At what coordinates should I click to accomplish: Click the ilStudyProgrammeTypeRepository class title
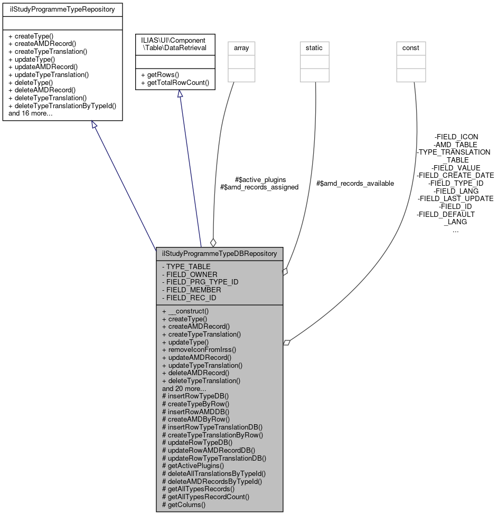(x=62, y=9)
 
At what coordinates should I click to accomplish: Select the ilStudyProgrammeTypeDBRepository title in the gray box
(x=219, y=253)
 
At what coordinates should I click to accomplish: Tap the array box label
(x=241, y=48)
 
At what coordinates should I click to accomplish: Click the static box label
(x=314, y=48)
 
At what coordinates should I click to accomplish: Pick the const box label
(x=411, y=48)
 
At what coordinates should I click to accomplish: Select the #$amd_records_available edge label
(x=355, y=183)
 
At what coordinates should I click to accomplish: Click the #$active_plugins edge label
(x=260, y=179)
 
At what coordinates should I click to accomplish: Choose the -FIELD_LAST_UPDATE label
(x=455, y=198)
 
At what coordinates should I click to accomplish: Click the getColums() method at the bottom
(x=184, y=504)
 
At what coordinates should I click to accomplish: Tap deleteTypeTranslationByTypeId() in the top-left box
(x=62, y=106)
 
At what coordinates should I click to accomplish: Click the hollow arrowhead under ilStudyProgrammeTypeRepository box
(x=94, y=125)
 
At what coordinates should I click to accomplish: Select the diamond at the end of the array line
(x=213, y=243)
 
